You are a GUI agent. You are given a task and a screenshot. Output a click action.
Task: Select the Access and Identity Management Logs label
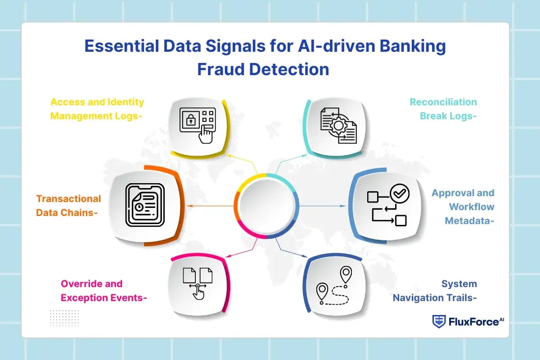pyautogui.click(x=97, y=109)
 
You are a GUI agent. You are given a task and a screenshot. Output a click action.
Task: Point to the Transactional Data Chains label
pyautogui.click(x=68, y=206)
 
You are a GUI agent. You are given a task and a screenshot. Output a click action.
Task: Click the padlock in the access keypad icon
pyautogui.click(x=190, y=120)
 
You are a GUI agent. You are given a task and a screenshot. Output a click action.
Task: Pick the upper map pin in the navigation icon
pyautogui.click(x=346, y=274)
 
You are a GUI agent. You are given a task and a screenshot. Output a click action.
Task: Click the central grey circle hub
pyautogui.click(x=266, y=206)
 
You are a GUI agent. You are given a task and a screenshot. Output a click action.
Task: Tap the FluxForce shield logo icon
pyautogui.click(x=438, y=321)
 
